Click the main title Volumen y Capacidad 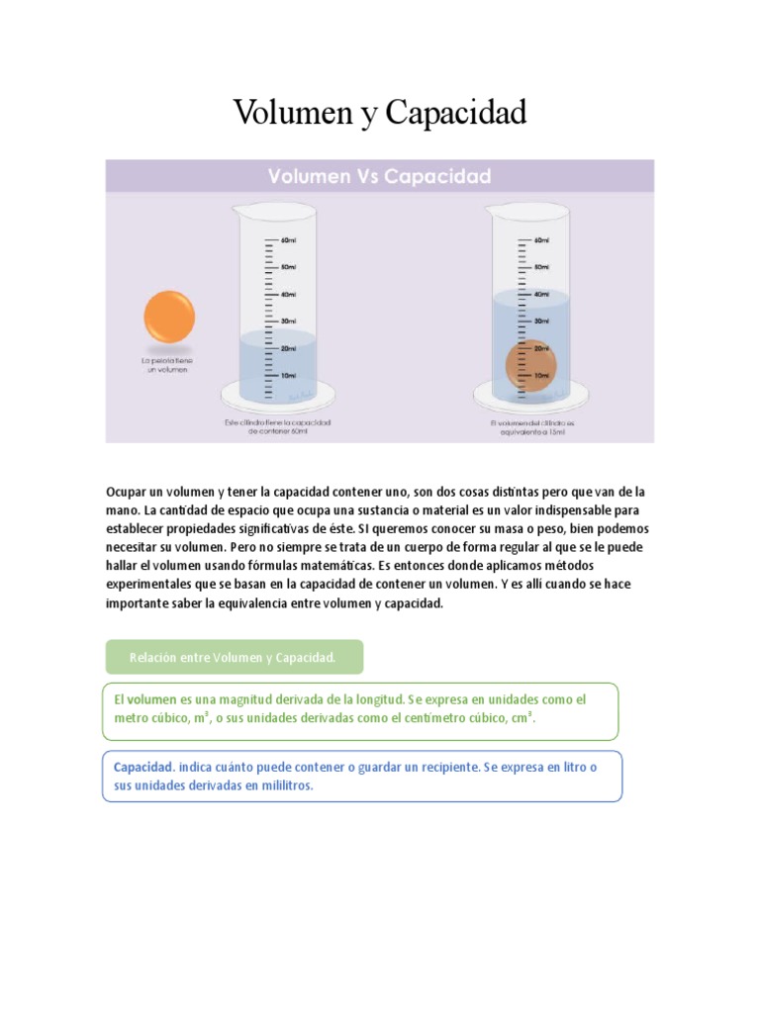coord(380,114)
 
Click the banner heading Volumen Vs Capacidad coord(380,177)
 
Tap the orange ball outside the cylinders coord(169,319)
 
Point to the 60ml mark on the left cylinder coord(288,240)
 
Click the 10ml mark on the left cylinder coord(288,376)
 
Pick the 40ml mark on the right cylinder coord(541,294)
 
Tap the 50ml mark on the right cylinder coord(541,267)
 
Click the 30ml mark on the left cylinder coord(288,322)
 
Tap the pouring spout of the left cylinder coord(236,209)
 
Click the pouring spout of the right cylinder coord(490,209)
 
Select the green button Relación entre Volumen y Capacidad coord(234,657)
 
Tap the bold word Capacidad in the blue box coord(143,768)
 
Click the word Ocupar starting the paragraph coord(126,492)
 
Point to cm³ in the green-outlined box coord(522,718)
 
